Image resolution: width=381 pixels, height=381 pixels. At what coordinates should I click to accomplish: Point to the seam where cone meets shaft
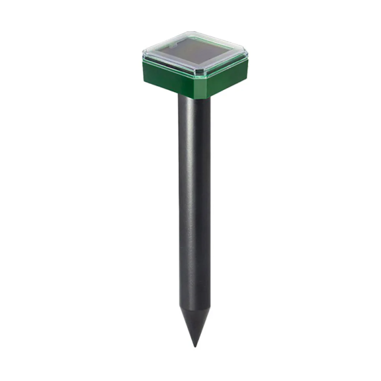click(x=194, y=307)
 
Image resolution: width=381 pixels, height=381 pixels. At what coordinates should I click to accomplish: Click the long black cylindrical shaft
click(x=194, y=202)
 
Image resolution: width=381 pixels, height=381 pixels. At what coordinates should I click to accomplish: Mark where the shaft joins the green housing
click(x=194, y=97)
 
